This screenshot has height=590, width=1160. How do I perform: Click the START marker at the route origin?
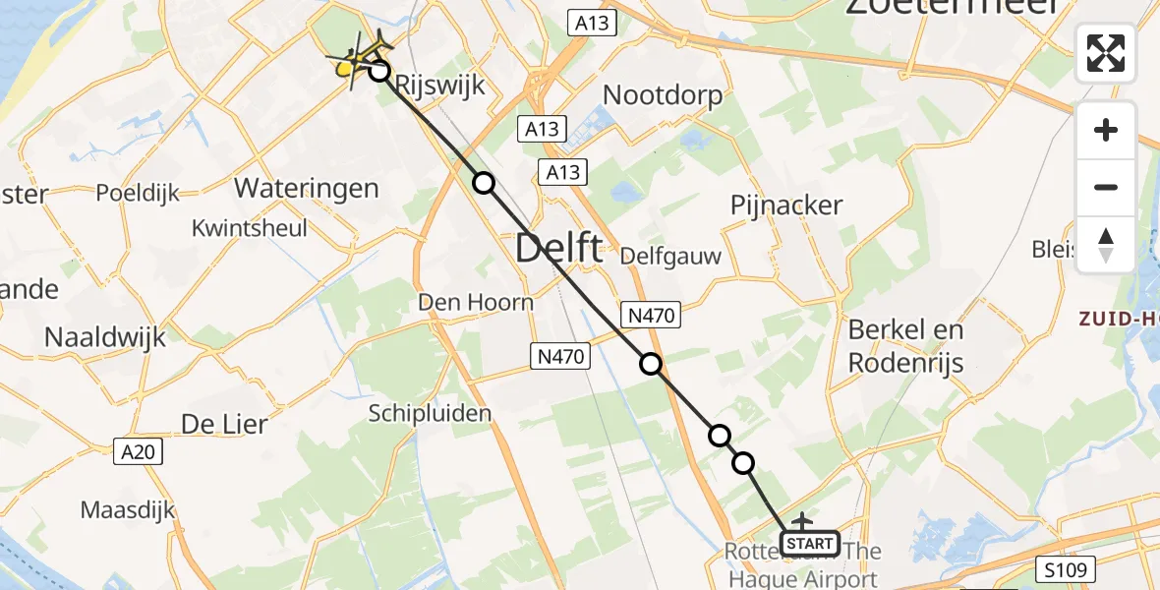[x=810, y=543]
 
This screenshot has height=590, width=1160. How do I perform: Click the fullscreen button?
[x=1106, y=53]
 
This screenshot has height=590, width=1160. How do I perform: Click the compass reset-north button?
[x=1106, y=245]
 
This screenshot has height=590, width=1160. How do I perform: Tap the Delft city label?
[x=558, y=248]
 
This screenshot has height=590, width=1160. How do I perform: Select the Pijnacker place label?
[x=786, y=206]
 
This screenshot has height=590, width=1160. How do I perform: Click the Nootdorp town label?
[x=663, y=95]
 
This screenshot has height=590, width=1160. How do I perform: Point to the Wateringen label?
[x=307, y=188]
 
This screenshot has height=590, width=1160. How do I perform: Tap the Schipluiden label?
[x=431, y=413]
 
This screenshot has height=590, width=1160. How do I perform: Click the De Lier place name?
[x=224, y=425]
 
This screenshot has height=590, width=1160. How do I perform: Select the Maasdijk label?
[x=128, y=510]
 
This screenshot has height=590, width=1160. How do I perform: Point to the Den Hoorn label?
[x=476, y=302]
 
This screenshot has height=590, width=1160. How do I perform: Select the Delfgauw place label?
[x=672, y=257]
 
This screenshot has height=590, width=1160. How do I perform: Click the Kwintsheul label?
[x=250, y=228]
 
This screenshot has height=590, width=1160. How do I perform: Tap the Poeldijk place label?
[x=138, y=193]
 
